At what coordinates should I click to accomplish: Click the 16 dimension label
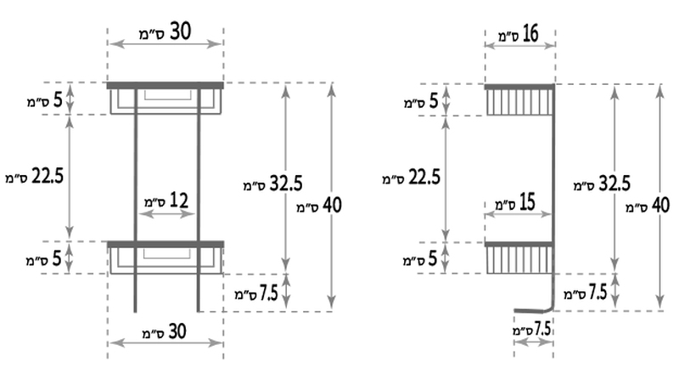tap(519, 34)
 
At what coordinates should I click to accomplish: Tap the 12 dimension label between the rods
tap(166, 201)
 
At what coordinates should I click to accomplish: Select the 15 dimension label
tap(515, 202)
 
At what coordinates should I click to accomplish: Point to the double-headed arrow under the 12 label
tap(166, 214)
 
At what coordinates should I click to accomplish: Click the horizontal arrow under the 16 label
tap(520, 45)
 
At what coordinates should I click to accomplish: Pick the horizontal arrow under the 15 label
tap(518, 214)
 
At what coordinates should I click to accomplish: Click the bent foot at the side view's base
tap(535, 309)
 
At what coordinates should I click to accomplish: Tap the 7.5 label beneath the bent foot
tap(532, 330)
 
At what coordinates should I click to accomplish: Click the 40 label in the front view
tap(319, 206)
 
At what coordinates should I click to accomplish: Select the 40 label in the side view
tap(648, 206)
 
